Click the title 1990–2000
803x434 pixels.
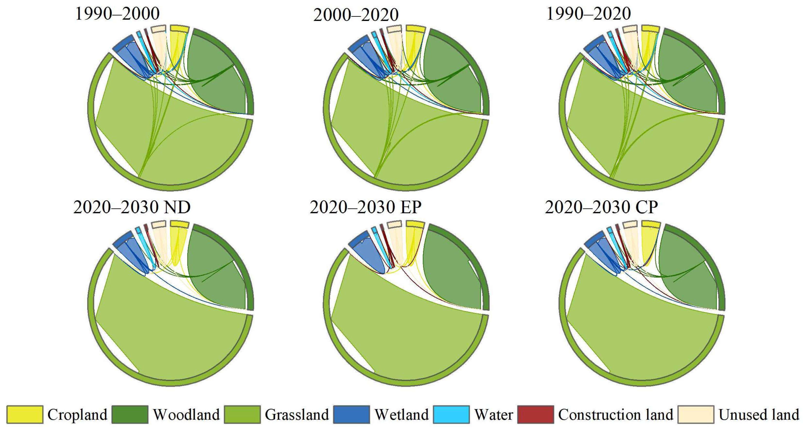tap(117, 14)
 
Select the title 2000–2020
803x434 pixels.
tap(356, 15)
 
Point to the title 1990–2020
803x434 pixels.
tap(589, 14)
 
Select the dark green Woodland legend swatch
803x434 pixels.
tap(130, 414)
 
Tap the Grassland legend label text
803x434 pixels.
tap(296, 415)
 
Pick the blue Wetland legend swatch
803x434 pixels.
tap(351, 414)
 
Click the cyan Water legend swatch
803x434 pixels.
tap(451, 414)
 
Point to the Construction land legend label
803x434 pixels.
tap(616, 415)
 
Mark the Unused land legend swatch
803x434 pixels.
tap(696, 414)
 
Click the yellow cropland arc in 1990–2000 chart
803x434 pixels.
tap(179, 29)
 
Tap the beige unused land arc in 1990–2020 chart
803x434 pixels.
tap(630, 29)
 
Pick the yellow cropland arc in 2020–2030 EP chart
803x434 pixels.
tap(415, 224)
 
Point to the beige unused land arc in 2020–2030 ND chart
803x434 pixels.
tap(158, 224)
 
